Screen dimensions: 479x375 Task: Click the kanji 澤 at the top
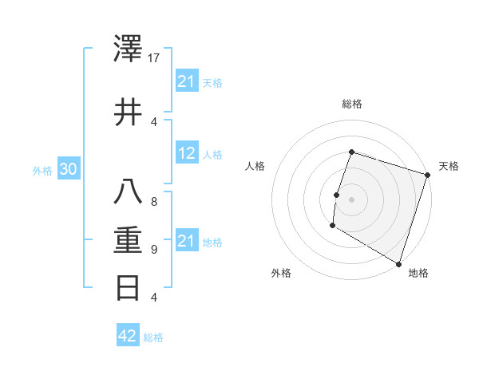[x=129, y=51]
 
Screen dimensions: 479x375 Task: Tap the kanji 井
[x=129, y=111]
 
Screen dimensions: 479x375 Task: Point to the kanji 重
[x=129, y=240]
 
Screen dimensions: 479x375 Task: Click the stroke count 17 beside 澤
[x=155, y=59]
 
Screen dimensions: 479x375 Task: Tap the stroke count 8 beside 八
[x=154, y=202]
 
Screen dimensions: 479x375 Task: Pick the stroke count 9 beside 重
[x=154, y=249]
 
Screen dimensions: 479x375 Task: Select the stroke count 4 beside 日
[x=154, y=298]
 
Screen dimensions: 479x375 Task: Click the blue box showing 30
[x=68, y=170]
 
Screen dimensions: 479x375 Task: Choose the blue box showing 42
[x=128, y=336]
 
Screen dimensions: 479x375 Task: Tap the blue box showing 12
[x=187, y=154]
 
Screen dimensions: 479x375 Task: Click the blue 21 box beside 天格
[x=187, y=81]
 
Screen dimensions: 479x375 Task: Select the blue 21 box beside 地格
[x=187, y=242]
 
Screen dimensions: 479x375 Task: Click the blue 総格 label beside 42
[x=153, y=337]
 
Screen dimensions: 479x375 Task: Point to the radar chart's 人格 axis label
[x=255, y=166]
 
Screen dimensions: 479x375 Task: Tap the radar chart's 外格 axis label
[x=281, y=273]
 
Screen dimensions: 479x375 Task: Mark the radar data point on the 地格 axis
[x=398, y=263]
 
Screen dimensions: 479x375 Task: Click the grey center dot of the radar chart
[x=350, y=199]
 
